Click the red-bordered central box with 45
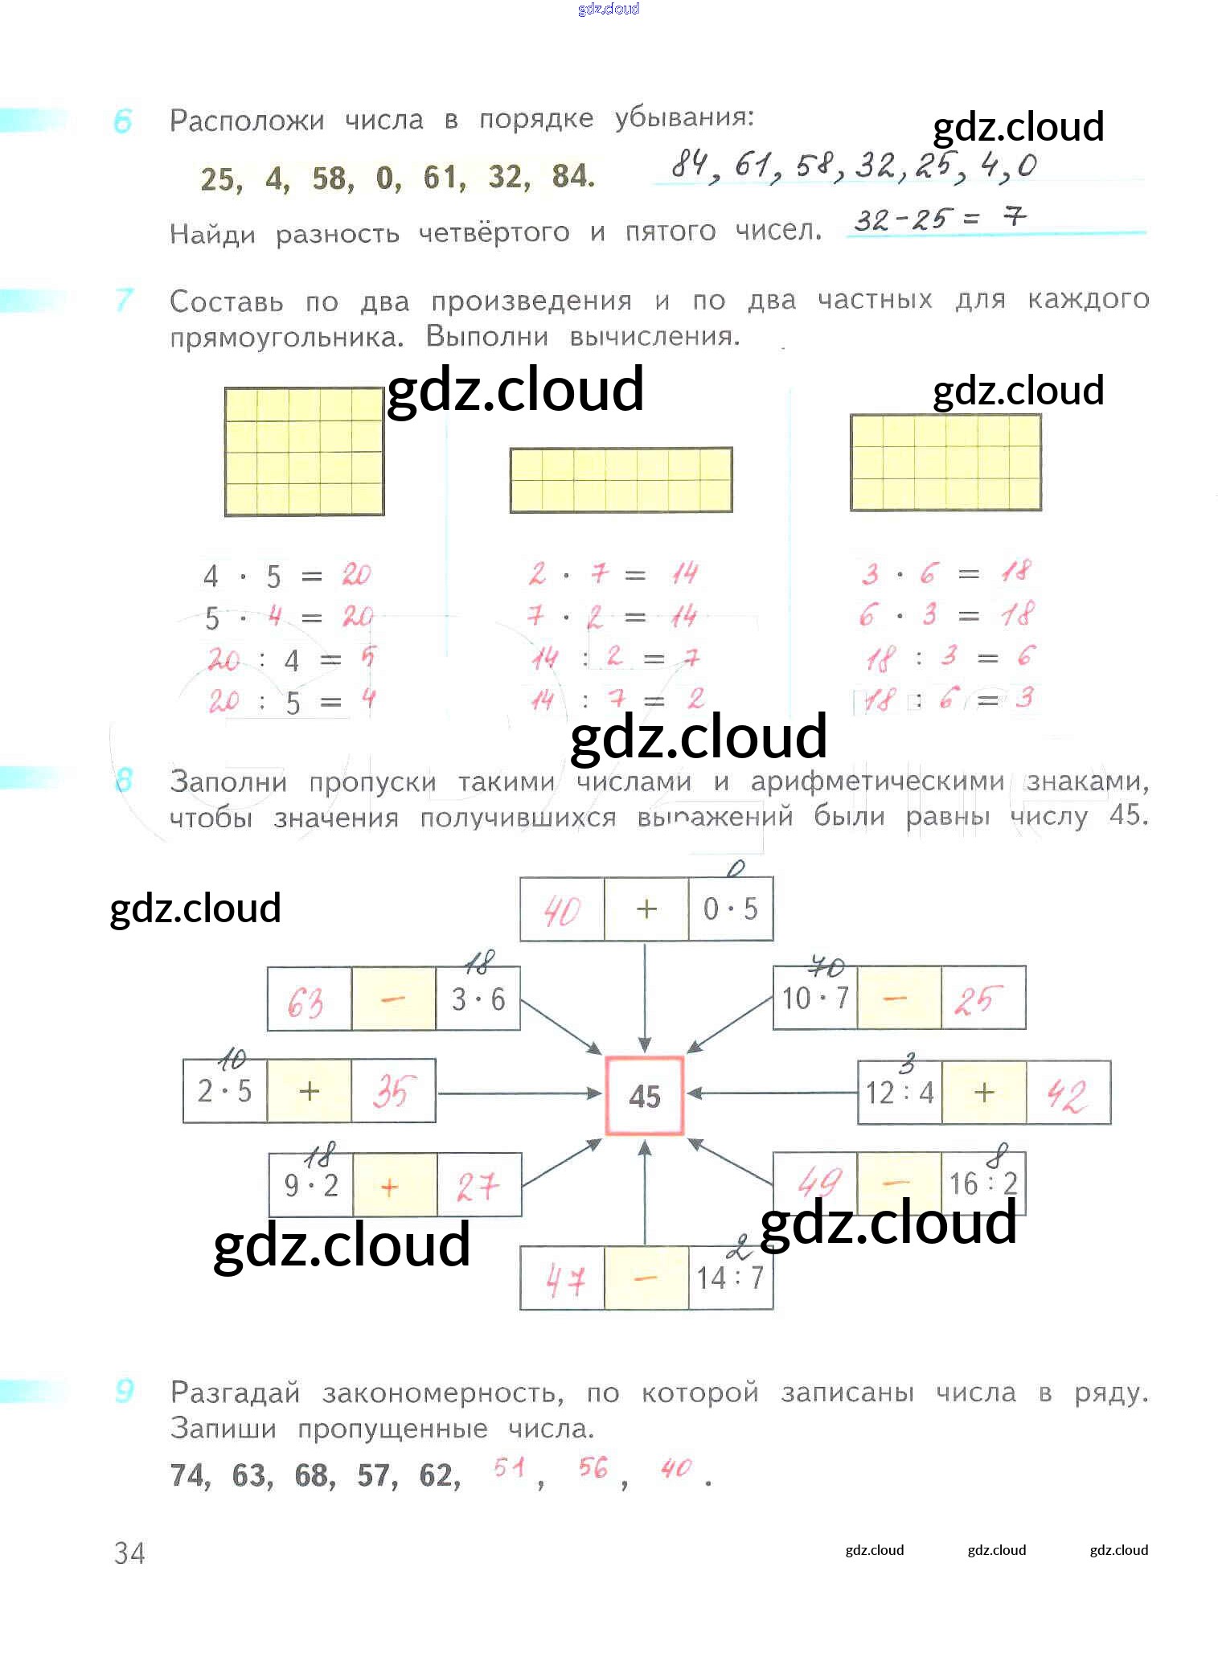tap(644, 1095)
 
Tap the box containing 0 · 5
tap(730, 909)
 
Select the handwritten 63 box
tap(309, 999)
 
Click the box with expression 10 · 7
tap(815, 999)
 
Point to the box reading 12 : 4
tap(900, 1093)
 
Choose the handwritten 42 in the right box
tap(1068, 1093)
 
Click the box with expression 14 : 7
tap(730, 1278)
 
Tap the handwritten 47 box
tap(562, 1278)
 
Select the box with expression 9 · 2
tap(311, 1185)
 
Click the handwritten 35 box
tap(393, 1091)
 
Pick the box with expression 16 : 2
tap(982, 1183)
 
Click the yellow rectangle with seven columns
tap(621, 480)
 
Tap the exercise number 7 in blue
tap(124, 300)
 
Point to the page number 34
tap(129, 1553)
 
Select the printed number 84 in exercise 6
tap(572, 176)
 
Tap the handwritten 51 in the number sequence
tap(510, 1468)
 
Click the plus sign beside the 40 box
tap(646, 909)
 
